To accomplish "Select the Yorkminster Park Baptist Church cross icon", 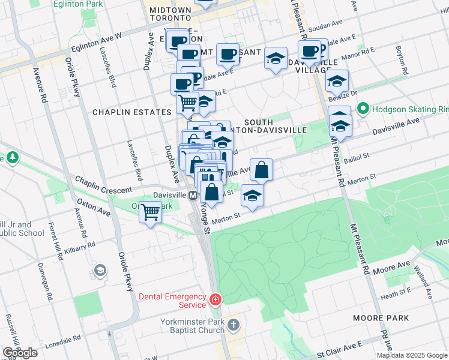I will [233, 326].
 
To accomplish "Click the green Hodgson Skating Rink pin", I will [363, 109].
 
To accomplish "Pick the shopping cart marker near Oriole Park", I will [150, 212].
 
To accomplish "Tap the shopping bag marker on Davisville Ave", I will [261, 170].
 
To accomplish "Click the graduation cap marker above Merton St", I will [252, 196].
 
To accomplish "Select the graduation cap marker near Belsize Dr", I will [337, 80].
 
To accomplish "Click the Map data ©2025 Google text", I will [412, 355].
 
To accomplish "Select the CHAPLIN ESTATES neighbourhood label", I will [131, 112].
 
